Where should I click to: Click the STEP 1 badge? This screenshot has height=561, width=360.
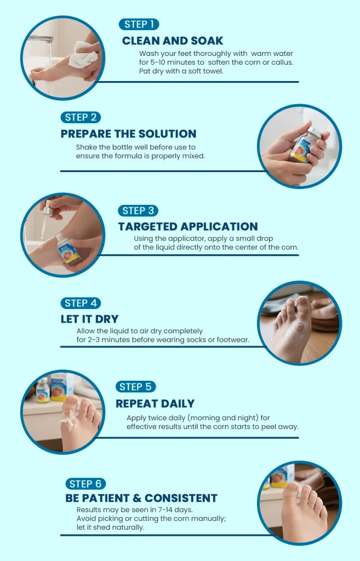coord(139,24)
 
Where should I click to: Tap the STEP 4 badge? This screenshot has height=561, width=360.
coord(81,303)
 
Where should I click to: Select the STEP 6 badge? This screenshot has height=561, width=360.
coord(85,484)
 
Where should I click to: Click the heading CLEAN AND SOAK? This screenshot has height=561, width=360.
coord(173,41)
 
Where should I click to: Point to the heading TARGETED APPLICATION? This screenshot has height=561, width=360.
coord(188,226)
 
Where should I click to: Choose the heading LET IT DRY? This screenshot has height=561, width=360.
coord(89,319)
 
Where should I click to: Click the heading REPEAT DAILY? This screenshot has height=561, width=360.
coord(155,404)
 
